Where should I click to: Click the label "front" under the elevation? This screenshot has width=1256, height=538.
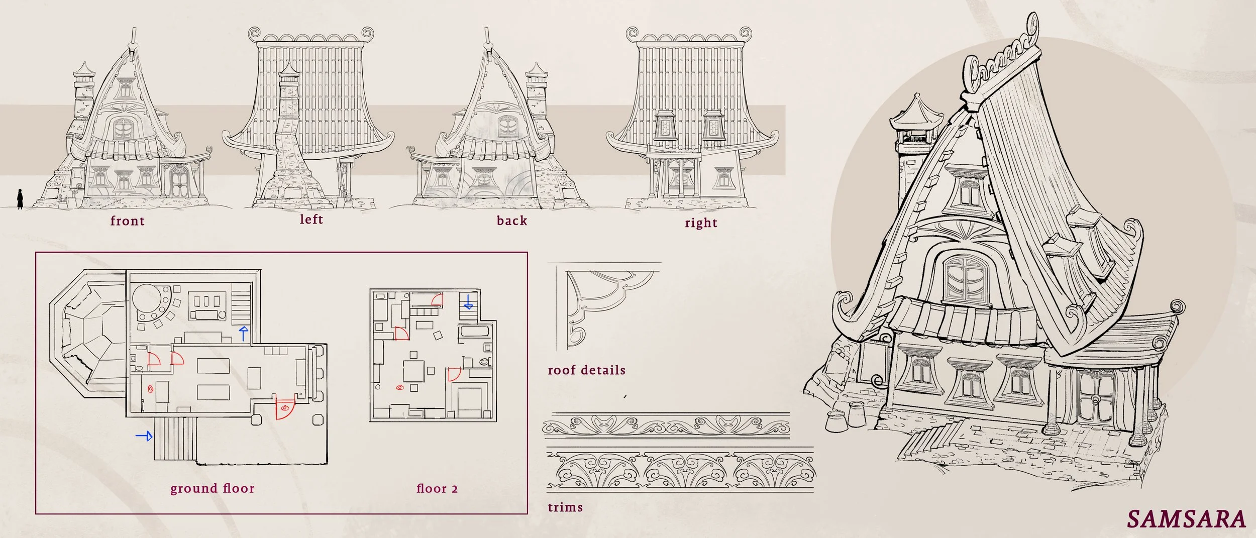pyautogui.click(x=127, y=221)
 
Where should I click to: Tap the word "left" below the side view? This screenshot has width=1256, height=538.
pyautogui.click(x=311, y=219)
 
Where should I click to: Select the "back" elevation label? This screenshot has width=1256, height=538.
pyautogui.click(x=511, y=221)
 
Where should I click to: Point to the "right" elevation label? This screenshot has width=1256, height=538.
pyautogui.click(x=700, y=223)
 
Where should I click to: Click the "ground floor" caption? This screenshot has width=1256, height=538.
pyautogui.click(x=212, y=488)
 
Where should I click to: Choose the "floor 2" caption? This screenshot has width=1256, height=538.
pyautogui.click(x=437, y=488)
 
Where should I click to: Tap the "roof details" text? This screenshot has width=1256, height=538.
pyautogui.click(x=586, y=370)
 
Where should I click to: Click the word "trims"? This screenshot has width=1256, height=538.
pyautogui.click(x=565, y=507)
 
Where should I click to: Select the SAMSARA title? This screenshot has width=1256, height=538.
pyautogui.click(x=1186, y=519)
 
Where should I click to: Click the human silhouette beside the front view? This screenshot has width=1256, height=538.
pyautogui.click(x=20, y=198)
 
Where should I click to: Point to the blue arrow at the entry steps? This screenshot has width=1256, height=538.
pyautogui.click(x=144, y=436)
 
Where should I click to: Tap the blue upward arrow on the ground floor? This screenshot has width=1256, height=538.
pyautogui.click(x=244, y=333)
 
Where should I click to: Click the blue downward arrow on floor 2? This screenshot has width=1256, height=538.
pyautogui.click(x=468, y=302)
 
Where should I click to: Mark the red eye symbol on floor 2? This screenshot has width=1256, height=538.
pyautogui.click(x=400, y=387)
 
